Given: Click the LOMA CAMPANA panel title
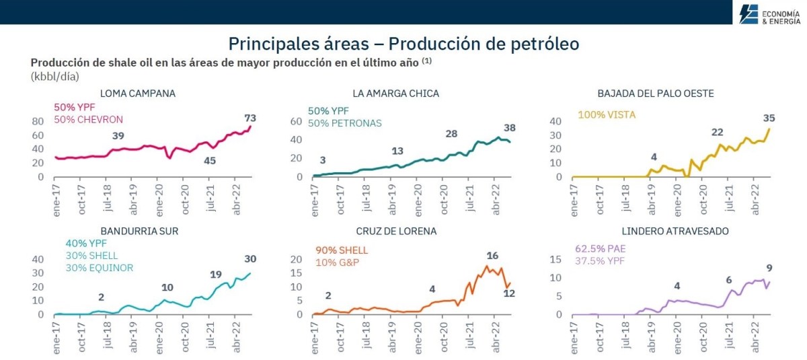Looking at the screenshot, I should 137,94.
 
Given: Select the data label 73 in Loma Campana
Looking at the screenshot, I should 250,118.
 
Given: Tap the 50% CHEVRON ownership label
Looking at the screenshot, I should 88,120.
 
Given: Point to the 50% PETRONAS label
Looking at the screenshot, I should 344,123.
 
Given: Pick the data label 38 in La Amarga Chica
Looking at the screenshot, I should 510,128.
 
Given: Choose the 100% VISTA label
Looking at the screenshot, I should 607,115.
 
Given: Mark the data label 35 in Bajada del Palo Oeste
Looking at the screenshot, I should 769,118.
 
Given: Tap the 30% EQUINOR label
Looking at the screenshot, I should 100,268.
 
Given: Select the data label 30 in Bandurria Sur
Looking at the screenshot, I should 250,259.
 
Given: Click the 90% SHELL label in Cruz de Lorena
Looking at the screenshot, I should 342,250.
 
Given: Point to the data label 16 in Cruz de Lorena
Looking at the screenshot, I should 492,256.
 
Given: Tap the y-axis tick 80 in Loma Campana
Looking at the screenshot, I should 38,121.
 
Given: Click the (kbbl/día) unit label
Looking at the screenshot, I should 55,76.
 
